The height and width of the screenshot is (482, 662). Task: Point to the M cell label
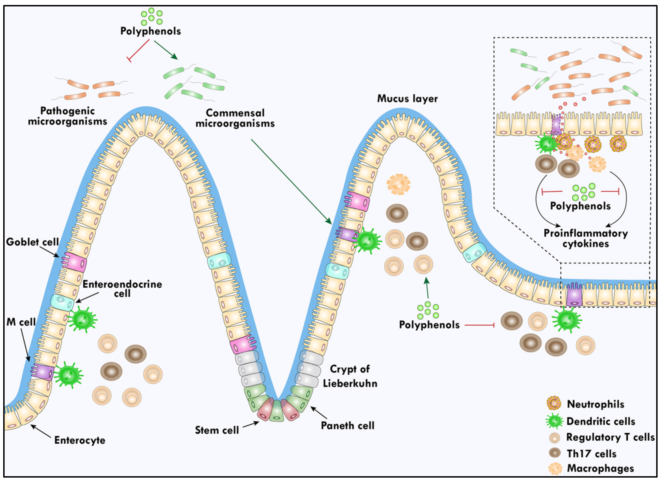point(21,322)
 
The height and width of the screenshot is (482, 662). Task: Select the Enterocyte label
point(80,440)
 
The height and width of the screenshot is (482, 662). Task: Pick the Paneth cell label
point(347,426)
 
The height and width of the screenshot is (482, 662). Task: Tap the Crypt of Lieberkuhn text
point(350,376)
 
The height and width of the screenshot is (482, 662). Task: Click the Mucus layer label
point(407,99)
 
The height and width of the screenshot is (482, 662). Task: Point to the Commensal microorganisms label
point(235,118)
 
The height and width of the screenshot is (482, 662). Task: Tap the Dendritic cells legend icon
point(554,421)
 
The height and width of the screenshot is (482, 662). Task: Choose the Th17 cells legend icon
point(555,453)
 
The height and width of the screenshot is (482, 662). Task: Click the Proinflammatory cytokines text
point(586,238)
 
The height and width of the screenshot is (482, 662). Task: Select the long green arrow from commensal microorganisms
point(291,182)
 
